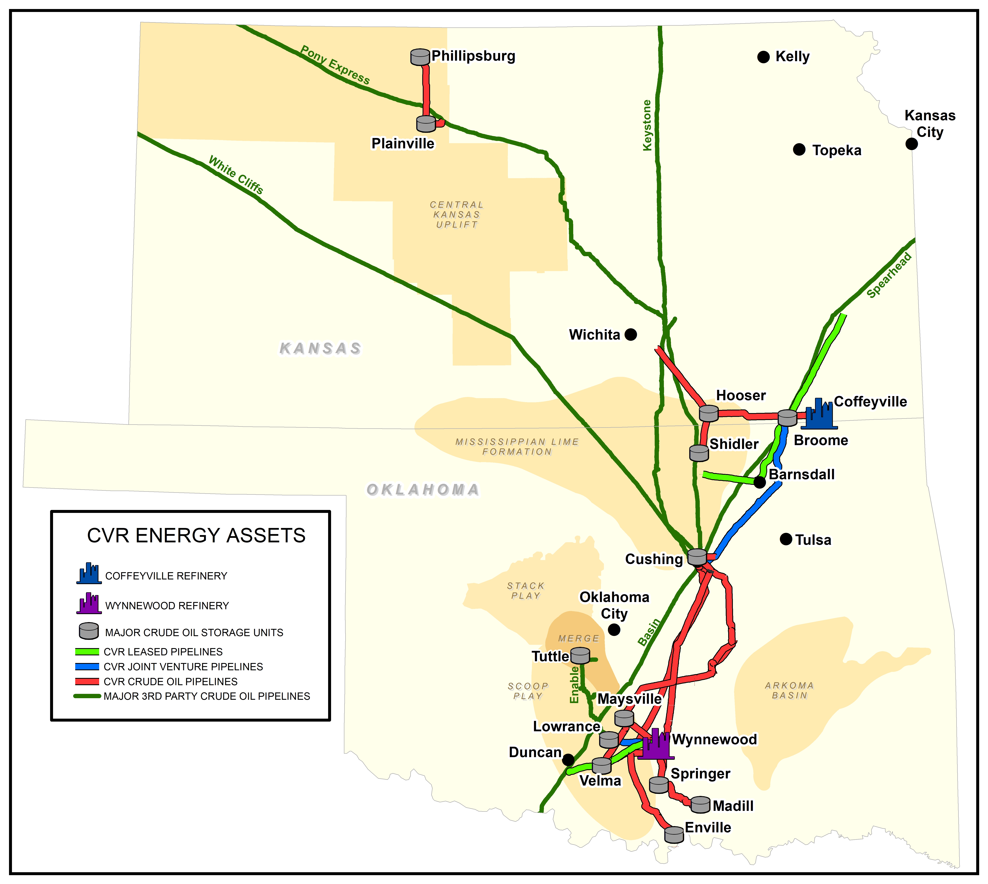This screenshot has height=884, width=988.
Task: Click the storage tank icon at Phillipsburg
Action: [x=420, y=57]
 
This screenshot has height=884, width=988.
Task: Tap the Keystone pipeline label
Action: [x=647, y=125]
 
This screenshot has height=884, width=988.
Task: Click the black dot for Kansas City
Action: [x=911, y=144]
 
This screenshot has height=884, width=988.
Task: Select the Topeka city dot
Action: [x=799, y=150]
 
